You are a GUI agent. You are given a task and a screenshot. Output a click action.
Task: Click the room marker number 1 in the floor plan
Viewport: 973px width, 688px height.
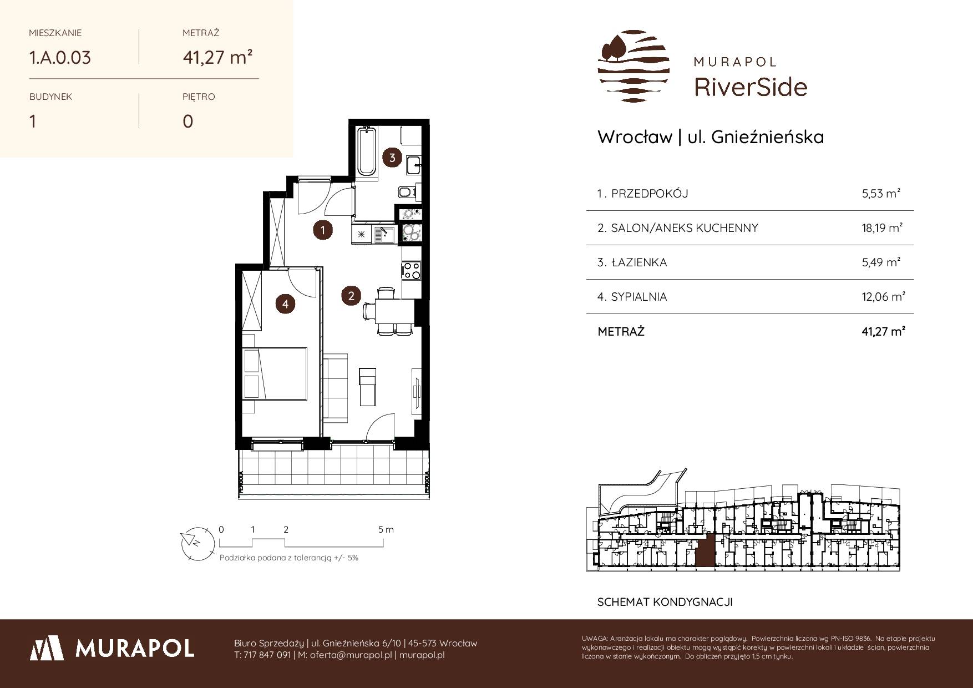(x=322, y=230)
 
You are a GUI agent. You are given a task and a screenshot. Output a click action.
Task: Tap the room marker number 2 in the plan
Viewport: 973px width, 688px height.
(x=351, y=296)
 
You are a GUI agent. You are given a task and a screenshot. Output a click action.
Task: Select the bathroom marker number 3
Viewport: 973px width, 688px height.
(x=392, y=158)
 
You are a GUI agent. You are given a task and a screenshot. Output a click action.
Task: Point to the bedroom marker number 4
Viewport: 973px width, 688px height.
(x=285, y=303)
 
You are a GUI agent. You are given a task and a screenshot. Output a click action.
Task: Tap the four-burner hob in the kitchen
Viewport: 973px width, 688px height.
(x=411, y=270)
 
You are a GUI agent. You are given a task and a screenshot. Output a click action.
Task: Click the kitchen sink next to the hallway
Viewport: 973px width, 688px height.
(x=383, y=235)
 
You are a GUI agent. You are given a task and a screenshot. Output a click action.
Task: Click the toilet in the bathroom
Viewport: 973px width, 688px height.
(x=407, y=192)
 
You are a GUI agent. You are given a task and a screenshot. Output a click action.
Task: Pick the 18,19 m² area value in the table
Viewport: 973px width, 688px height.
(x=882, y=228)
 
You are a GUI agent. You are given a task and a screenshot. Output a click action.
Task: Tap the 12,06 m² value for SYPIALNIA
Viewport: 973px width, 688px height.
(x=883, y=297)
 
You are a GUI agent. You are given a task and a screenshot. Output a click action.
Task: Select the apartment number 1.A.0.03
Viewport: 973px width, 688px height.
(x=60, y=58)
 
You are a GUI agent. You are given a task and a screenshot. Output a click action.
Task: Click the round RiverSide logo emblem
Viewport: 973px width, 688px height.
(x=633, y=67)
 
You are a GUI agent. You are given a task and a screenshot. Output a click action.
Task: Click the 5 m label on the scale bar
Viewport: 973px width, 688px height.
(x=386, y=529)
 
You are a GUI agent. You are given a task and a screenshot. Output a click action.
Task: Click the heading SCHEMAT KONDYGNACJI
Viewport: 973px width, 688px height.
(x=665, y=602)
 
